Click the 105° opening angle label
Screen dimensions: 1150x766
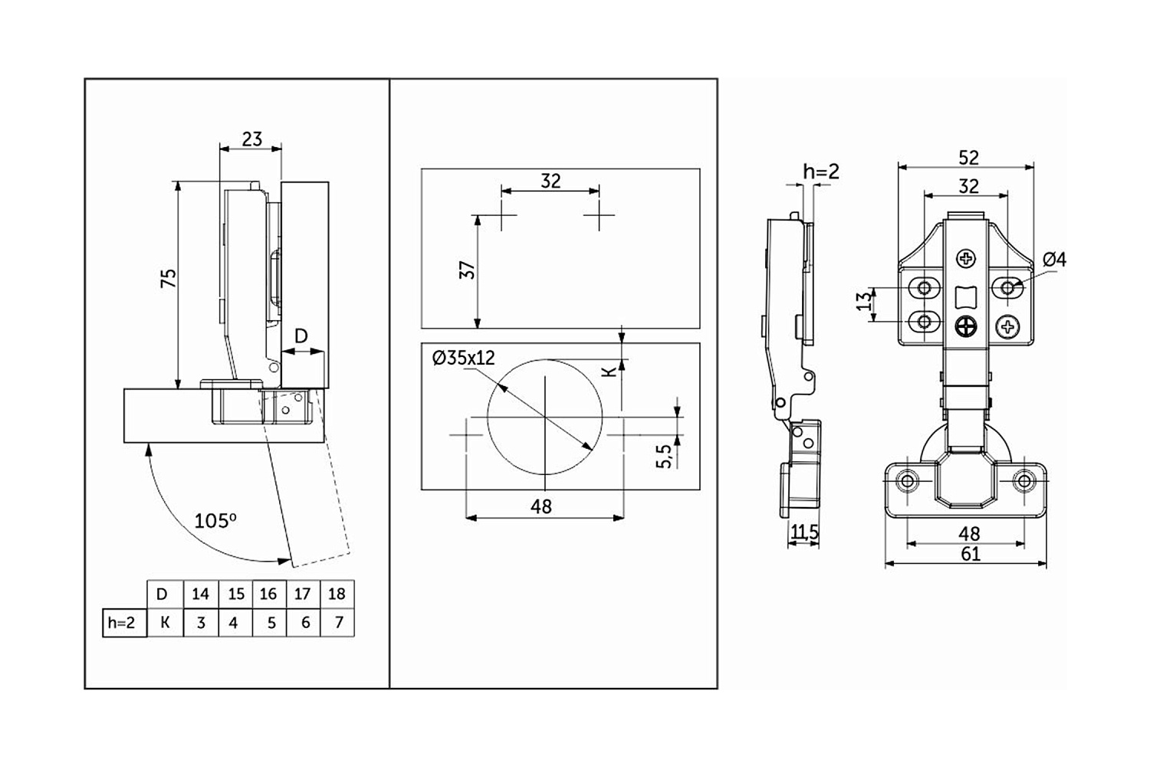tap(215, 522)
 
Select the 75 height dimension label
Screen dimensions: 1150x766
tap(169, 278)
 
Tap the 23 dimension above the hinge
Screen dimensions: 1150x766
tap(251, 139)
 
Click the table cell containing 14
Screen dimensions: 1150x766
tap(201, 594)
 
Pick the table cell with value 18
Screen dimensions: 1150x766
tap(337, 594)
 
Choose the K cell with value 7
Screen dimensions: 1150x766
tap(337, 623)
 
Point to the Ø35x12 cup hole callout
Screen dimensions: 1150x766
tap(464, 358)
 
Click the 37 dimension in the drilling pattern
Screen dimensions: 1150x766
tap(467, 270)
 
